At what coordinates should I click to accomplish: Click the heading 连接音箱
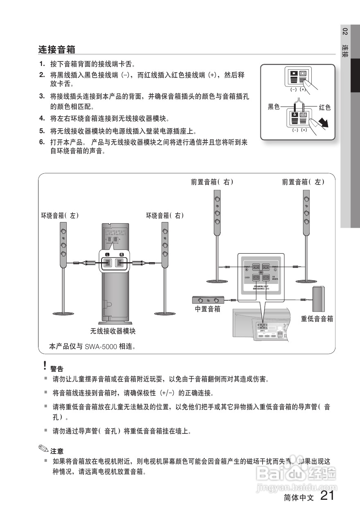(57, 50)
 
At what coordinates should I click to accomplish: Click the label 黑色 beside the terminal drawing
(274, 107)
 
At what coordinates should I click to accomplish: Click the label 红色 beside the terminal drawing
(324, 107)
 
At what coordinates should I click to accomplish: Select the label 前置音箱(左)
(303, 182)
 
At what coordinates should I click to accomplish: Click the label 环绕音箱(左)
(60, 215)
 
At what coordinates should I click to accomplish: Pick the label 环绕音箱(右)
(165, 215)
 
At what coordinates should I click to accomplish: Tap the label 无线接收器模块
(113, 331)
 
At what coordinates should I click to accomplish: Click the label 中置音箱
(207, 309)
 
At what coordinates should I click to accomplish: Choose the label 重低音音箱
(317, 319)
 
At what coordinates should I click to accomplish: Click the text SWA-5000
(101, 347)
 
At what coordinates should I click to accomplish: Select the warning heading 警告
(57, 369)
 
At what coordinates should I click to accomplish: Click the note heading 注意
(57, 451)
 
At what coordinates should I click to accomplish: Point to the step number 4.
(42, 118)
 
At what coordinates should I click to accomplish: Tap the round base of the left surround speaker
(63, 313)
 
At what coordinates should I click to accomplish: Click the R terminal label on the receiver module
(121, 254)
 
